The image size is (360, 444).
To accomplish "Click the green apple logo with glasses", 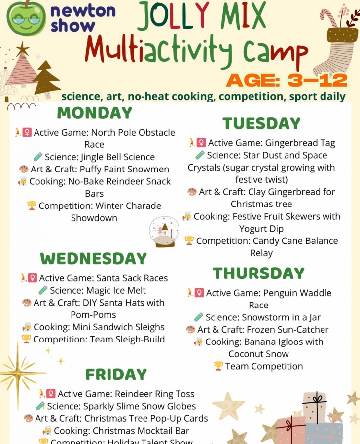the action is (x=26, y=18).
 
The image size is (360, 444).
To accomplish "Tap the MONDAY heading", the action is (x=94, y=113).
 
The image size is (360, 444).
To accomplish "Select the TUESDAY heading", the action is (x=261, y=123).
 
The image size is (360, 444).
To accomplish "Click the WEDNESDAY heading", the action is (x=94, y=259).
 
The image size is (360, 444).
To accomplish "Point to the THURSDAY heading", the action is (x=258, y=273).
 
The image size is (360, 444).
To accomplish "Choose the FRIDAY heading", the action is (x=116, y=375).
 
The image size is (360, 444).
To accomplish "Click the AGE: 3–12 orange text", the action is (x=287, y=80).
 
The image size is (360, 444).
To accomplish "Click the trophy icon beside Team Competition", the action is (x=218, y=366).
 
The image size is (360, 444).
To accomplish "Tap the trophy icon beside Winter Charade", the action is (x=32, y=205).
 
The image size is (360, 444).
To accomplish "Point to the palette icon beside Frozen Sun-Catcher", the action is (x=190, y=329).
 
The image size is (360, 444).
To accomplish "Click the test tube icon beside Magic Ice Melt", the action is (x=43, y=290).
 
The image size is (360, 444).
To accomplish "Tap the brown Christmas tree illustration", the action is (x=46, y=77).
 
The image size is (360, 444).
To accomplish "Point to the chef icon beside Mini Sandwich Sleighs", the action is (x=27, y=327).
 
